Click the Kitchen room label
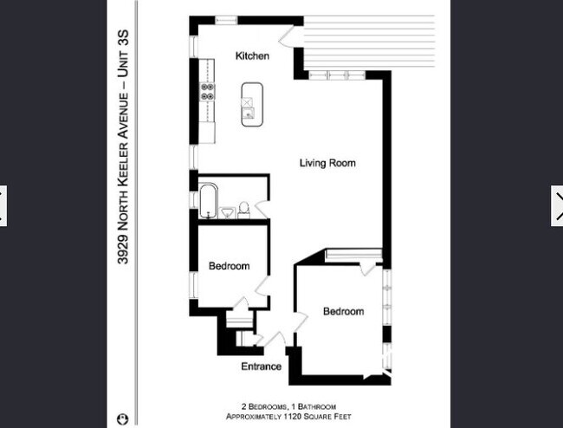252,56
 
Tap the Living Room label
327,163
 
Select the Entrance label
261,366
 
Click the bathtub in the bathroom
208,201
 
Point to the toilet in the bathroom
243,211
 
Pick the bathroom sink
227,213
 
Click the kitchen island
252,105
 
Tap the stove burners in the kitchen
207,92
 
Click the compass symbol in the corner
122,419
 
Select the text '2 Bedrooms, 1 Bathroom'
288,407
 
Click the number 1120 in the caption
292,417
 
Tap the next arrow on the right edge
558,205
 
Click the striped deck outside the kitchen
369,42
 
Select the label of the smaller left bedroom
229,266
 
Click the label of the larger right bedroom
343,311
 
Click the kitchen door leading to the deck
287,36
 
